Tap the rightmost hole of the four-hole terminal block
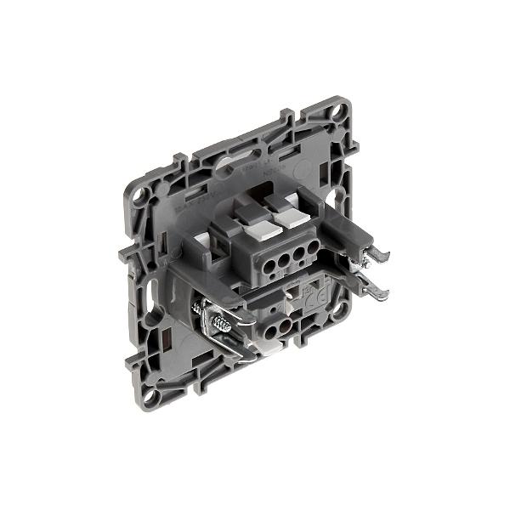point(312,247)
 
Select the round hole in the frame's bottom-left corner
point(151,394)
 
